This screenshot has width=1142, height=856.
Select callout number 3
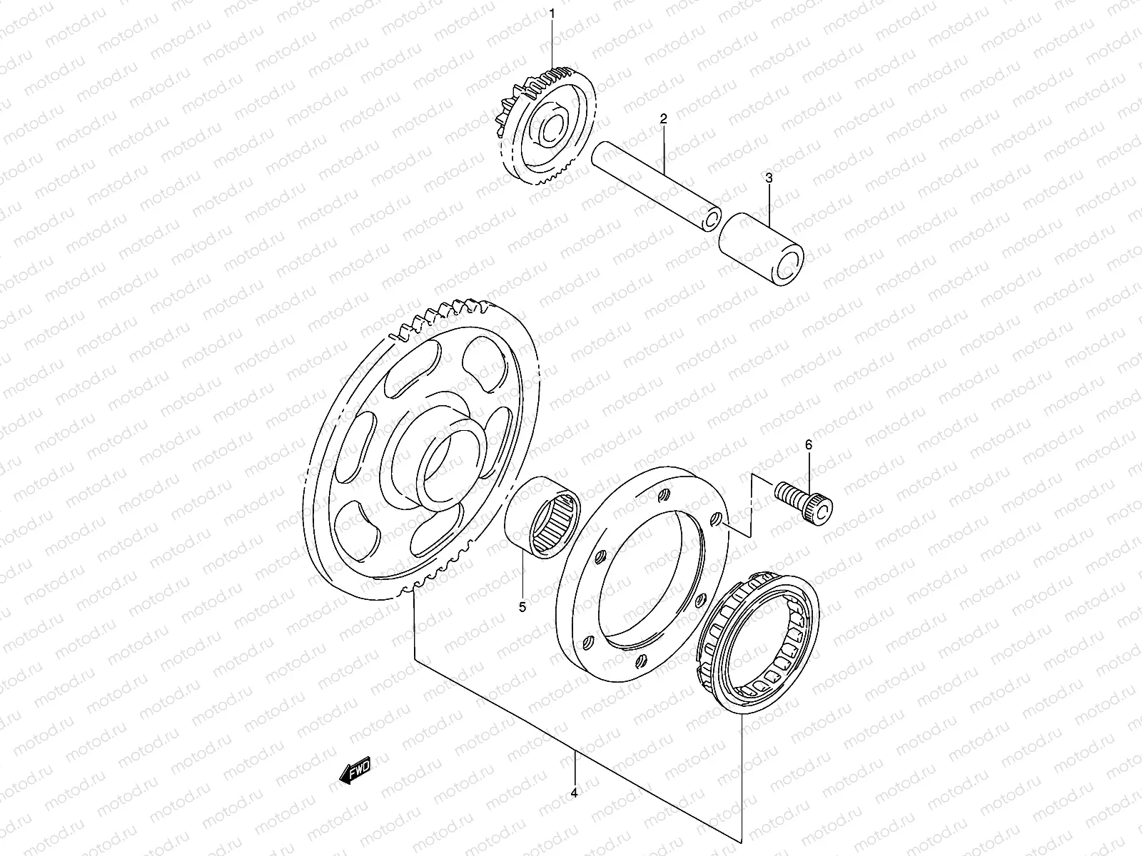click(x=769, y=178)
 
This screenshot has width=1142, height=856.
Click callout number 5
click(x=522, y=607)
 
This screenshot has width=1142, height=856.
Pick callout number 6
click(x=809, y=444)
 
